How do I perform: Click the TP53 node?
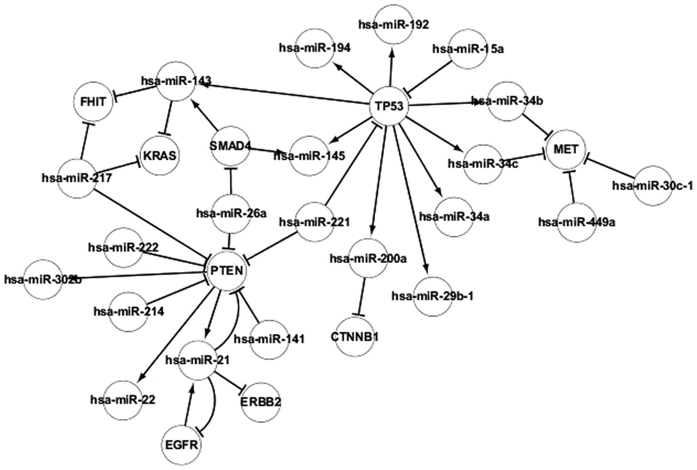pos(388,106)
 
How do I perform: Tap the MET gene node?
pos(565,149)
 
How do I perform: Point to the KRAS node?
pos(160,156)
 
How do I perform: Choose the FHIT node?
pos(93,102)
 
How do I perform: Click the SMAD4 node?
pos(230,146)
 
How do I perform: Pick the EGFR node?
pos(181,445)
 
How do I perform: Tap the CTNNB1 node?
pos(355,337)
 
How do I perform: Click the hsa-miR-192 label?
pos(393,24)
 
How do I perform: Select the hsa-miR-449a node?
pos(576,222)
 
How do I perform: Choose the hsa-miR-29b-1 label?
pos(432,296)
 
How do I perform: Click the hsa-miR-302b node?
pos(43,279)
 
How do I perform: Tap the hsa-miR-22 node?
pos(122,400)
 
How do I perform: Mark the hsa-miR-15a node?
pos(468,48)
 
